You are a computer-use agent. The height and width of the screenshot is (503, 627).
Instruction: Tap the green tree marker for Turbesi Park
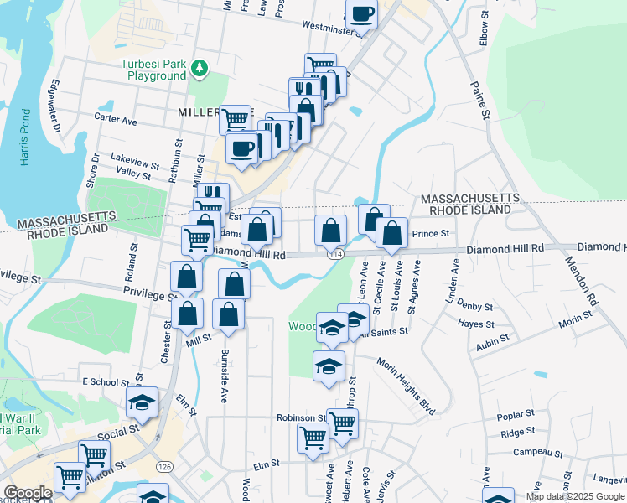199,67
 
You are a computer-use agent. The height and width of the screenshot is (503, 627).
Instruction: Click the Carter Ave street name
116,121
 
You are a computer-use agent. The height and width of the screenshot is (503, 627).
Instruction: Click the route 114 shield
336,253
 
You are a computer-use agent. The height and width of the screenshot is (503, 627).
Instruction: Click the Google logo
28,493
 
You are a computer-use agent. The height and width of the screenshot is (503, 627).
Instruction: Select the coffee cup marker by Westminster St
362,14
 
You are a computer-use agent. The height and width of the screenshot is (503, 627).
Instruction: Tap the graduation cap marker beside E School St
142,403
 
